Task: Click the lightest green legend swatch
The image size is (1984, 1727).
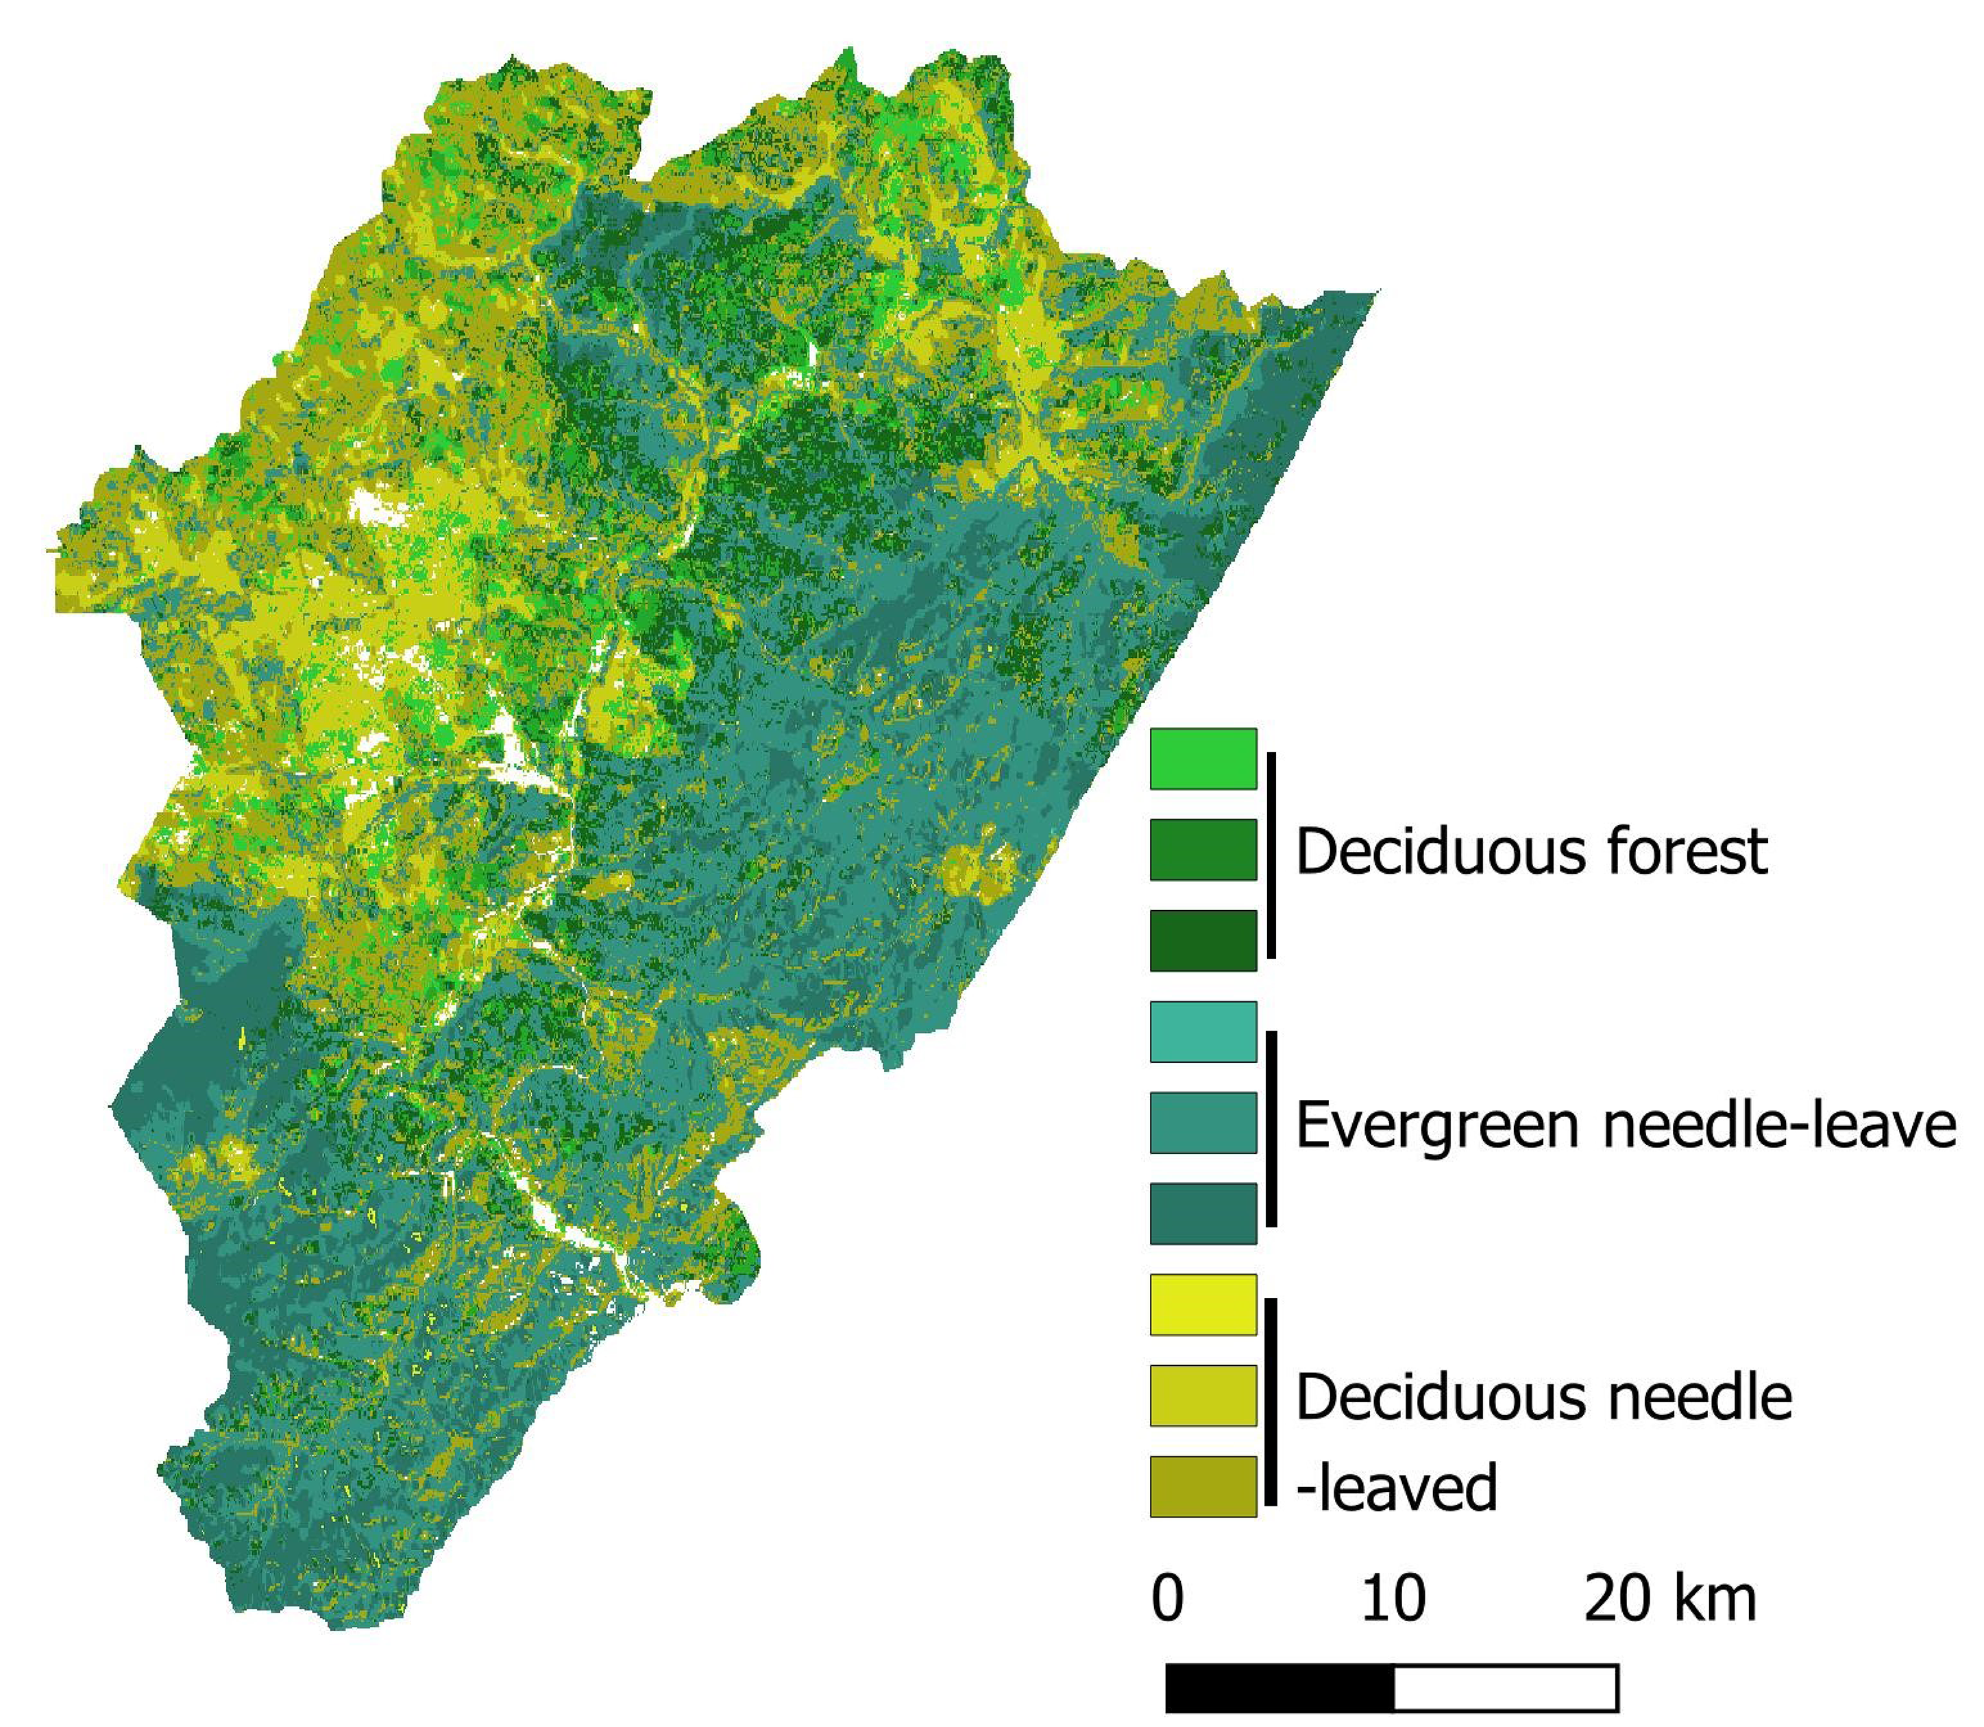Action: point(1203,759)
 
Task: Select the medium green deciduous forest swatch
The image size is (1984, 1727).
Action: point(1203,850)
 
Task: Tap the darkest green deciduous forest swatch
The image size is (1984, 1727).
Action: point(1203,940)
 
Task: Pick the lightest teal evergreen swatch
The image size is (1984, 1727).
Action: point(1203,1032)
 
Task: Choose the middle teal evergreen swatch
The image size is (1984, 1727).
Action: point(1203,1123)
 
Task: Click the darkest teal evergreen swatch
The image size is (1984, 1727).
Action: point(1203,1213)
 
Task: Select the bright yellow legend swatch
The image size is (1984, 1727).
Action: point(1203,1305)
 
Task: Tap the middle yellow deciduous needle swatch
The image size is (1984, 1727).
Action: point(1203,1395)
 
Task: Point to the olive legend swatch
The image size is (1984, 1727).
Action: point(1203,1486)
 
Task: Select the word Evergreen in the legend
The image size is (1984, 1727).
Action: point(1436,1125)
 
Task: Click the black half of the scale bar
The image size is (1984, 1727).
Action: point(1279,1689)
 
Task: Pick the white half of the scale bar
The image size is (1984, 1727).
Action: point(1505,1689)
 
